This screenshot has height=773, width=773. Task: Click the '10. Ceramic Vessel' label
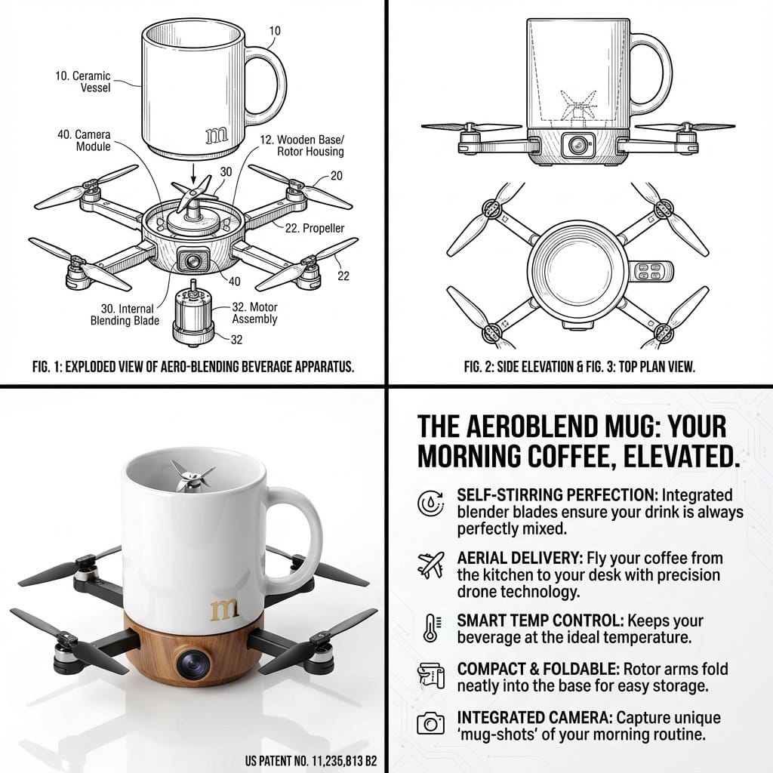tap(83, 82)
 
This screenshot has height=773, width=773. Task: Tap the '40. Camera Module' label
tap(84, 140)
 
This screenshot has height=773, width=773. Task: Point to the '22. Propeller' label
tap(314, 227)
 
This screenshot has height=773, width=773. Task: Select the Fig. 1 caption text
tap(193, 368)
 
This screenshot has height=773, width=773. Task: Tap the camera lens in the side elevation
tap(578, 143)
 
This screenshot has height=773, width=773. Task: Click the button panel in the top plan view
tap(651, 273)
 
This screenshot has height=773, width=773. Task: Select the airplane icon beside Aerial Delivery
tap(430, 565)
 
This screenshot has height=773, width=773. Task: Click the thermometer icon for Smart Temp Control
tap(430, 628)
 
